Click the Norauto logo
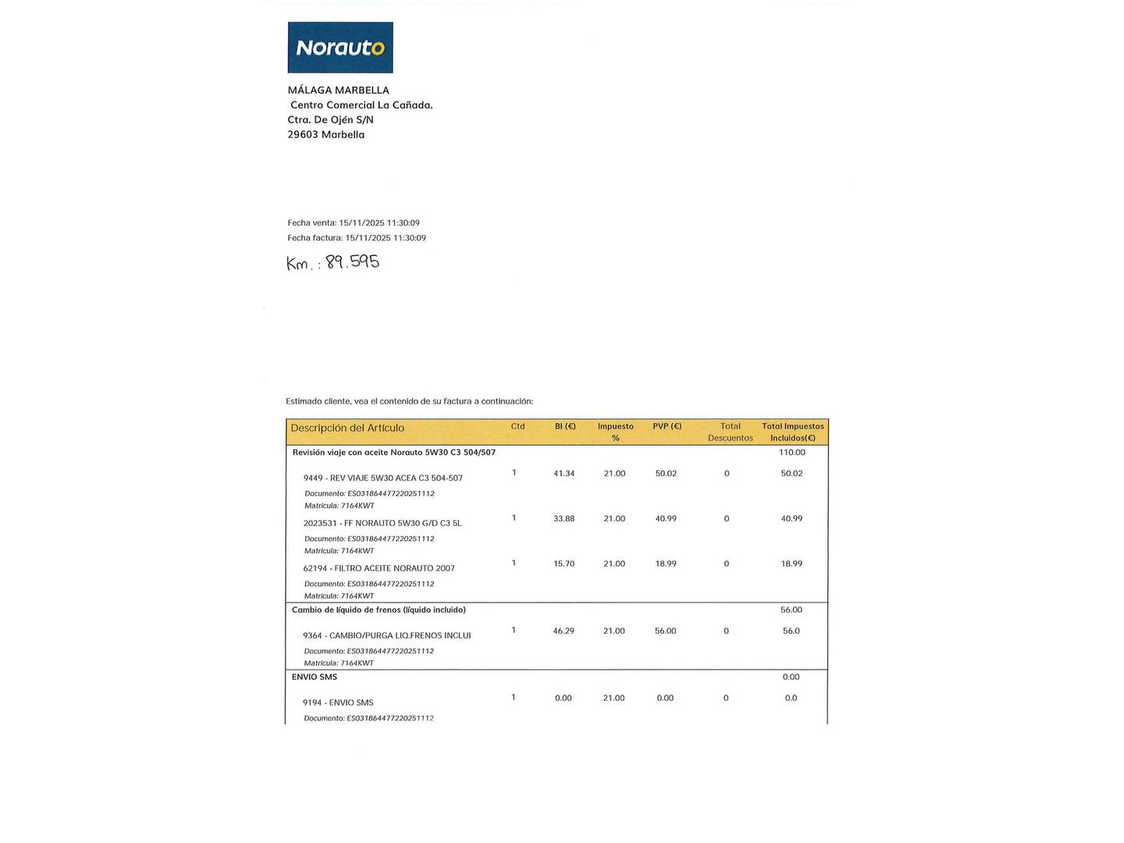coord(340,48)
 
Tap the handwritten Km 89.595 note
coord(333,262)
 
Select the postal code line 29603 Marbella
coord(326,134)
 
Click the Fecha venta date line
coord(354,223)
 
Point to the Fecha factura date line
coord(357,238)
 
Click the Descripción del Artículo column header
coord(347,428)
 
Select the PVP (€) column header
coord(667,426)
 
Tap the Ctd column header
coord(518,426)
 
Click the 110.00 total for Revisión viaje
coord(791,453)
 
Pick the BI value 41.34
coord(564,474)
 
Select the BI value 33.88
coord(564,519)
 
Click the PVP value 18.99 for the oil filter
coord(666,564)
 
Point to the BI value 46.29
coord(564,631)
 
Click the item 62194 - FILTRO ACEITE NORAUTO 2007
coord(379,568)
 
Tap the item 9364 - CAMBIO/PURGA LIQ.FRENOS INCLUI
coord(386,635)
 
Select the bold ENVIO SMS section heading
coord(315,677)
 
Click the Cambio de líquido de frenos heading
coord(379,610)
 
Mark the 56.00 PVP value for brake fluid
coord(665,631)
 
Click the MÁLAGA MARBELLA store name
coord(338,91)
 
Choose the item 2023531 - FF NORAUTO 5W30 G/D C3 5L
coord(382,523)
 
